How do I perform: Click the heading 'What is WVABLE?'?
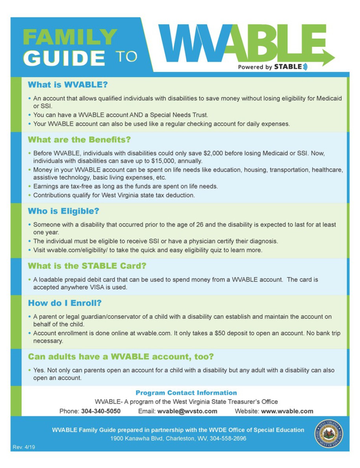click(67, 85)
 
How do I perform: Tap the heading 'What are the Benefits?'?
click(79, 140)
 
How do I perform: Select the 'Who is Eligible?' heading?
click(63, 211)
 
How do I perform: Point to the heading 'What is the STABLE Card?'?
click(87, 266)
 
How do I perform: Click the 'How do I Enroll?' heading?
click(64, 303)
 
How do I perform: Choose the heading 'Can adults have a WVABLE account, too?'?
click(120, 357)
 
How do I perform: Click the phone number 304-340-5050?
click(101, 411)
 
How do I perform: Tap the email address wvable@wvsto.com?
click(187, 411)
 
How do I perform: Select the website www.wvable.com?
click(287, 411)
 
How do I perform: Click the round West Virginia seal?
click(329, 433)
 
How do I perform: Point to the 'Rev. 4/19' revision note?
click(24, 448)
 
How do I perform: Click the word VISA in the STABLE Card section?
click(99, 287)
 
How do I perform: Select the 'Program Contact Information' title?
click(186, 393)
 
